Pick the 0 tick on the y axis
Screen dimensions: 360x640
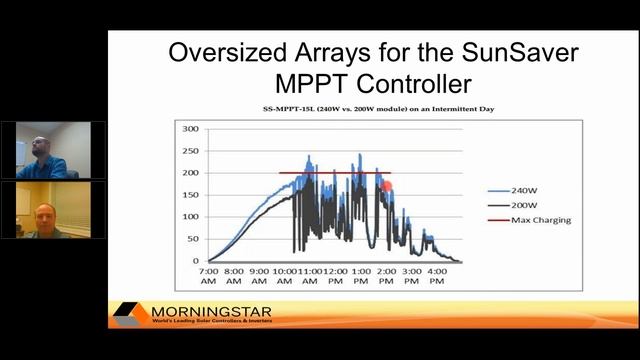[197, 261]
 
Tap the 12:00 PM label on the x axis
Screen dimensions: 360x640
[334, 276]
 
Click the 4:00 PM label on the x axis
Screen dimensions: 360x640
[436, 276]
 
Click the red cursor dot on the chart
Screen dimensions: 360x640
[387, 185]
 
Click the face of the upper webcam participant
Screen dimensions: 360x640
[37, 147]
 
